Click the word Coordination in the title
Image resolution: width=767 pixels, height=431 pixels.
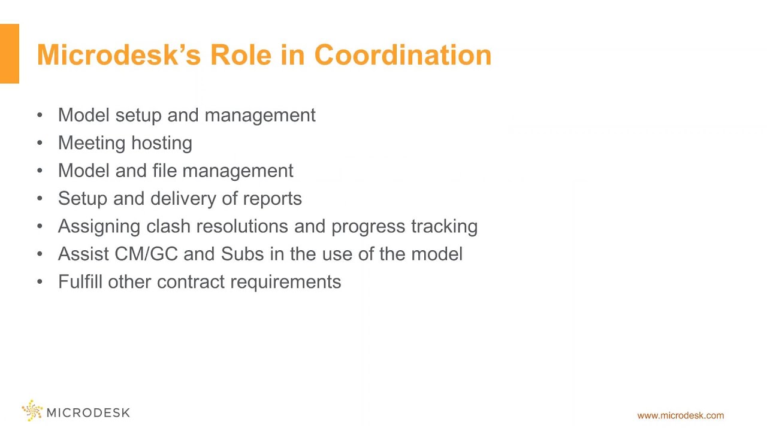[x=403, y=55]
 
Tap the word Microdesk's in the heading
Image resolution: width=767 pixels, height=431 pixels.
[x=118, y=55]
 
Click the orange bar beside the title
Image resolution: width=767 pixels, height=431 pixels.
[x=10, y=54]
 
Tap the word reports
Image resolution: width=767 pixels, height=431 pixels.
[x=273, y=199]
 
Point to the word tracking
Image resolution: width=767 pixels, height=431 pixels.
[x=444, y=226]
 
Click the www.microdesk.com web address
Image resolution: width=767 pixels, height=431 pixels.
[x=680, y=415]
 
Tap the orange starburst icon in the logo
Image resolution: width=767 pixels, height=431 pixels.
[x=32, y=411]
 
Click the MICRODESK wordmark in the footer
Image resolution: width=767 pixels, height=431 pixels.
[x=87, y=412]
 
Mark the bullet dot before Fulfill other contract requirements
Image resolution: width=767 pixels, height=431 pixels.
[x=40, y=282]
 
